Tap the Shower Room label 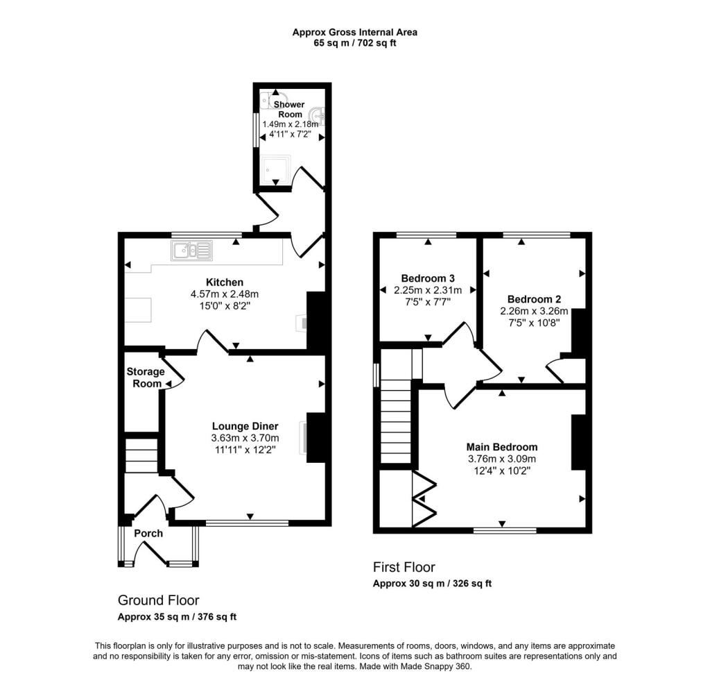[291, 109]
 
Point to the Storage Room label [145, 378]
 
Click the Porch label [148, 533]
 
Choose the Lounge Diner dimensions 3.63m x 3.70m [245, 438]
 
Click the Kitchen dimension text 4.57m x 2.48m [224, 294]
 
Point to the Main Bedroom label [501, 447]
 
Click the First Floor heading [404, 567]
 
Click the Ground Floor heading [158, 600]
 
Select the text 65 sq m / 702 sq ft [354, 43]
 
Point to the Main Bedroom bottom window [505, 530]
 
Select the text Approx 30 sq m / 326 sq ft [432, 584]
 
